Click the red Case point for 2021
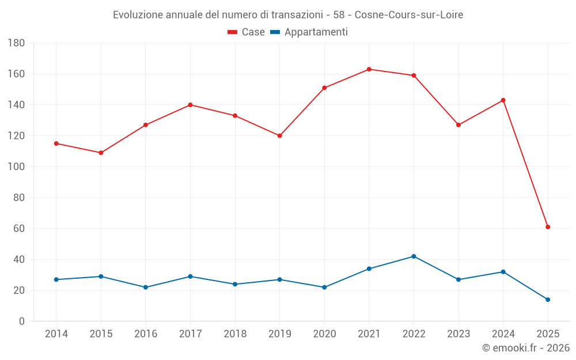pos(369,69)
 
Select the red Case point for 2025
pos(548,227)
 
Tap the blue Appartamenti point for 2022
pos(414,256)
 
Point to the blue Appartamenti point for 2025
pos(548,300)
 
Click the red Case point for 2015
pos(101,153)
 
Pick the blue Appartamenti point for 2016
pos(146,287)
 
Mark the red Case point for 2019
pos(280,136)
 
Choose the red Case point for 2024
pos(503,100)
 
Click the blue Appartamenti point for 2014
pos(56,279)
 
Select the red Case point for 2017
pos(190,105)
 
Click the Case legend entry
pos(247,32)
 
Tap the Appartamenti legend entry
pos(309,32)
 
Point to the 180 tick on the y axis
pos(16,43)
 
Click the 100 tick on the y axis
pos(16,167)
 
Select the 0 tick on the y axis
pos(21,321)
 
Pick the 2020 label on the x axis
pos(324,334)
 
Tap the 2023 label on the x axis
pos(458,334)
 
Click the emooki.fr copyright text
pos(526,348)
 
